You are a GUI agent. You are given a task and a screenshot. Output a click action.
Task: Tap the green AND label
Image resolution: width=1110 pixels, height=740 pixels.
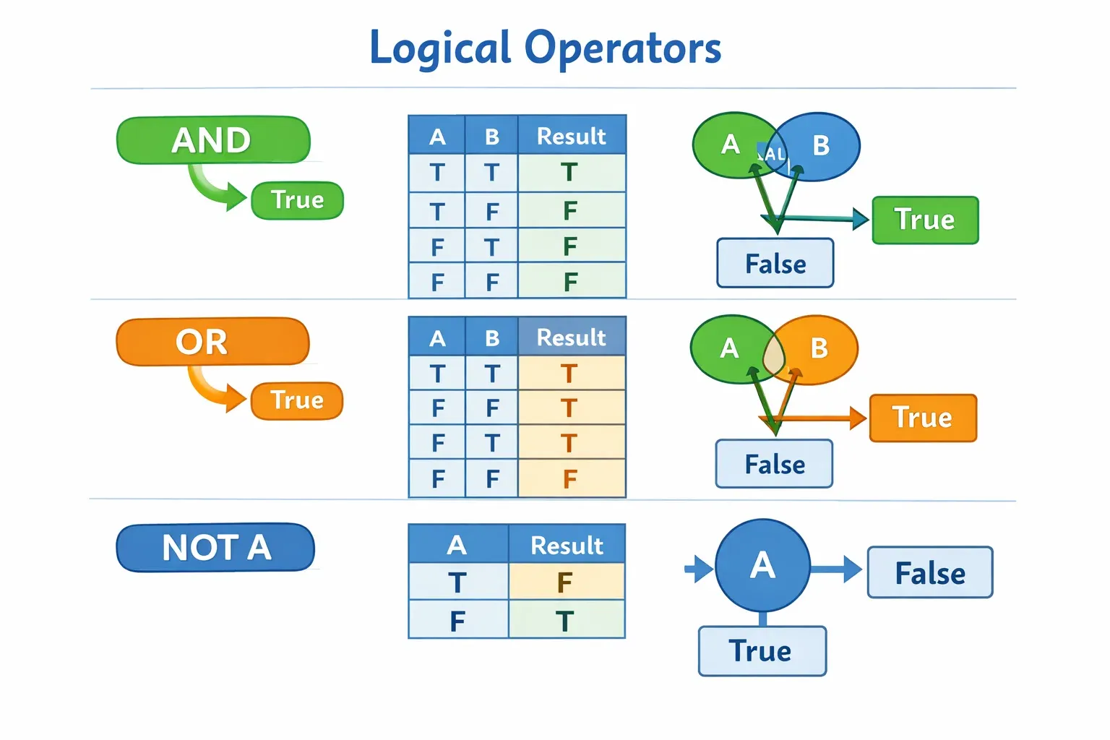(x=212, y=140)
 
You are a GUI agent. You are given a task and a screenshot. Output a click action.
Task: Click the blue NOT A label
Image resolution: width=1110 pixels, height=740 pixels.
(x=215, y=547)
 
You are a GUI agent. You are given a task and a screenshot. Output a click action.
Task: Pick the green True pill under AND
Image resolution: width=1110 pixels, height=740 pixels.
(x=297, y=200)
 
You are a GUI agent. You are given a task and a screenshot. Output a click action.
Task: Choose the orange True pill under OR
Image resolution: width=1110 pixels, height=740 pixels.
(x=296, y=400)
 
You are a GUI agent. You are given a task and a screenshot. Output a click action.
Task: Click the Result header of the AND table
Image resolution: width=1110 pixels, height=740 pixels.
(x=571, y=136)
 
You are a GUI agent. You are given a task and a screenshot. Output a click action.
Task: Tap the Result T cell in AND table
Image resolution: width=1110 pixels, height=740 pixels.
(x=569, y=173)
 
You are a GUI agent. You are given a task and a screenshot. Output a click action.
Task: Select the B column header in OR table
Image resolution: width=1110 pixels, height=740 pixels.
(x=492, y=337)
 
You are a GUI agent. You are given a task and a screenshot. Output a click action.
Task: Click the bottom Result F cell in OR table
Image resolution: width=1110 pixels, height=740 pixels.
(x=569, y=478)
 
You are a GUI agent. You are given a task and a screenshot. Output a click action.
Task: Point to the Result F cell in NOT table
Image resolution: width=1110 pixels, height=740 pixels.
(x=565, y=582)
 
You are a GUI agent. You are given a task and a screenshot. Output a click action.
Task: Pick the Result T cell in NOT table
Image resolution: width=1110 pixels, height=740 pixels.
(x=565, y=621)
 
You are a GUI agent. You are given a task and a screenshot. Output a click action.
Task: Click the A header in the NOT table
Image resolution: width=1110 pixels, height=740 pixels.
(x=457, y=545)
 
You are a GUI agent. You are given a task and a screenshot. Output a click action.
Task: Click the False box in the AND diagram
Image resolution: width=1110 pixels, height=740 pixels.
(x=775, y=264)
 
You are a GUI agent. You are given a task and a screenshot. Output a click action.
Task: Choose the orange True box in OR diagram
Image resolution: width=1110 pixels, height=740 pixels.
(x=923, y=418)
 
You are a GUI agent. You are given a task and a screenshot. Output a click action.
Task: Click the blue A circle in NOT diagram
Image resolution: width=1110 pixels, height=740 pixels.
(x=762, y=565)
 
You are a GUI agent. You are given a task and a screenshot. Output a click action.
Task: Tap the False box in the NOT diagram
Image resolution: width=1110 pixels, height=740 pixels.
(x=930, y=573)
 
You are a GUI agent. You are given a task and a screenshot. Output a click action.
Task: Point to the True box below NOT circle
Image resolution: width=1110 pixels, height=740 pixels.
(x=761, y=651)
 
